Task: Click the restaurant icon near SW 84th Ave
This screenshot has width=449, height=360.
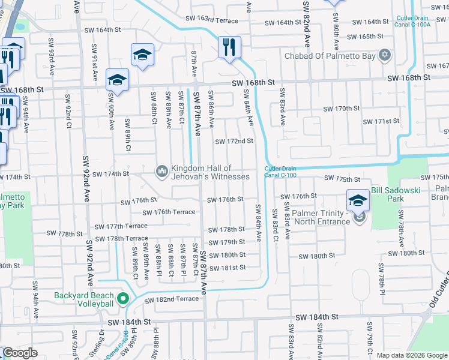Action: [x=229, y=47]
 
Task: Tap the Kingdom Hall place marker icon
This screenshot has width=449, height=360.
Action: [x=161, y=172]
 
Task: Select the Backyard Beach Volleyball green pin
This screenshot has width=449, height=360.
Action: [x=123, y=299]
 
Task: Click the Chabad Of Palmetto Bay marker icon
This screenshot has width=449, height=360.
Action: [x=385, y=56]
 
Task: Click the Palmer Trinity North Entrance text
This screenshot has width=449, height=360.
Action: [x=322, y=218]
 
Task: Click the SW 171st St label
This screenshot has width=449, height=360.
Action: [x=379, y=121]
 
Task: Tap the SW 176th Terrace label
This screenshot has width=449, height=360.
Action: [x=169, y=212]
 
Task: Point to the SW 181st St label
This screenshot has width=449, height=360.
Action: [x=227, y=268]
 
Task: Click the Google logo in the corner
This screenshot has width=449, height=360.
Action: [x=20, y=353]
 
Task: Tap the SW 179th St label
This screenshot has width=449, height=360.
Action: [x=227, y=242]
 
